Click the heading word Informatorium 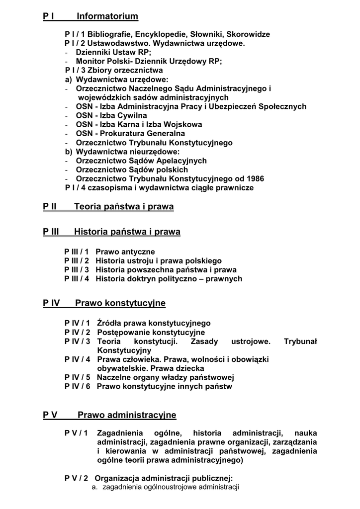click(107, 17)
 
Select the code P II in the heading click(50, 207)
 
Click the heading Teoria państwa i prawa click(124, 207)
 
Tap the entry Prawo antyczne click(125, 252)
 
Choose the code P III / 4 click(77, 279)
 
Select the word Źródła click(109, 323)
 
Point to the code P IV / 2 click(77, 332)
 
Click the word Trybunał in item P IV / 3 click(300, 341)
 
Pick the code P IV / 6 click(77, 386)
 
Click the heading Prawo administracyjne click(127, 415)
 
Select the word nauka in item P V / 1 click(305, 433)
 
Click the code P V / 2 click(76, 478)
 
